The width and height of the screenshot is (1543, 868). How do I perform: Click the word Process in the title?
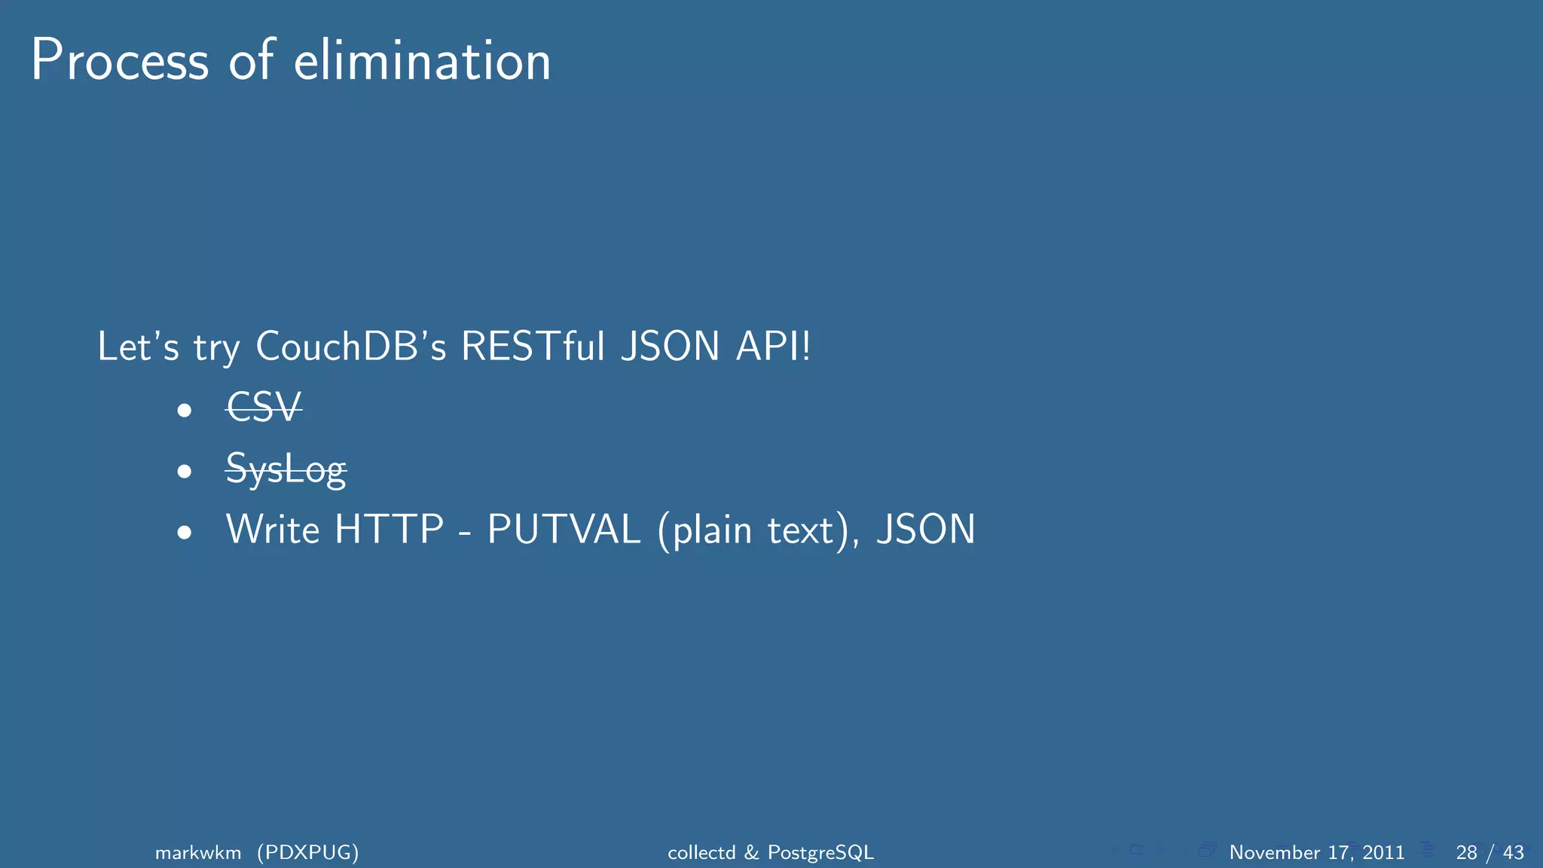[120, 61]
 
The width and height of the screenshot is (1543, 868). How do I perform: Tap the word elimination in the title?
[422, 61]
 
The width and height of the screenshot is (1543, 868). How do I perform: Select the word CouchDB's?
[351, 347]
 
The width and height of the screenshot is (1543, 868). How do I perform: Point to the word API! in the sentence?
[773, 347]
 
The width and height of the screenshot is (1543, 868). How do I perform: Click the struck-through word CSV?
[264, 408]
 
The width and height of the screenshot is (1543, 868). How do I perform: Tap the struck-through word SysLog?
[286, 469]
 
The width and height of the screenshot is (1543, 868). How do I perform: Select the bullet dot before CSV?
[185, 411]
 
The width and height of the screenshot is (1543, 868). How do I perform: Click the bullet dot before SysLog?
[185, 472]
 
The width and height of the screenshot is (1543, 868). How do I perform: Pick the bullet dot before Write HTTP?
[185, 533]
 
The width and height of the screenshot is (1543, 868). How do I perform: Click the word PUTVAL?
[564, 530]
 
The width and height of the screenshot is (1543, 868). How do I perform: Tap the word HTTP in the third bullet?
[389, 530]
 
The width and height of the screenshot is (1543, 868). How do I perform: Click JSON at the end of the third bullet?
[926, 530]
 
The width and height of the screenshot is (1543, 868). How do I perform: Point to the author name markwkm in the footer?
[198, 852]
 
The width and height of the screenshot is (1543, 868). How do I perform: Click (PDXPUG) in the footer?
[307, 852]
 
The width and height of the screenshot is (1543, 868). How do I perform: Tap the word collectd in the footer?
[701, 852]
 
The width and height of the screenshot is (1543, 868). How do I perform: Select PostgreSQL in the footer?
[820, 852]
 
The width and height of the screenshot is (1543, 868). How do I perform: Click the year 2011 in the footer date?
[1383, 852]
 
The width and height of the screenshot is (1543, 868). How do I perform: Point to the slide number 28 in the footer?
[1466, 852]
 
